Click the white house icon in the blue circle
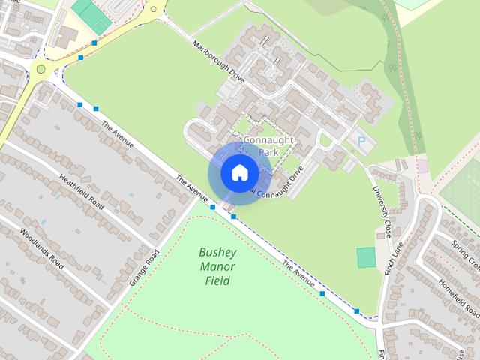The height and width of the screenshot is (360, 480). (239, 172)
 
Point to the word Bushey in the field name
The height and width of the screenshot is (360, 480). (217, 253)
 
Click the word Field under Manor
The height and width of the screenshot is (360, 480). (217, 281)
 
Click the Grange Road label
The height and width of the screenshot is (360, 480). (145, 266)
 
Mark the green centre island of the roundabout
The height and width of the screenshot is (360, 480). (40, 70)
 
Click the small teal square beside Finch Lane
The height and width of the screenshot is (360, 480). (366, 257)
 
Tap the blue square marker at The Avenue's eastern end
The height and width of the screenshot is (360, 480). (357, 310)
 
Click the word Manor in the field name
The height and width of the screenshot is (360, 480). (217, 267)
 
